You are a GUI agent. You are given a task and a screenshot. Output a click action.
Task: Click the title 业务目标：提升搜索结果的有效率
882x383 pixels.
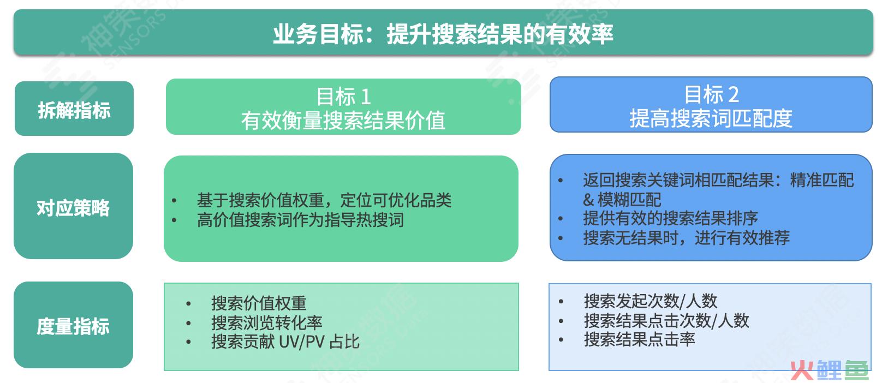click(x=443, y=34)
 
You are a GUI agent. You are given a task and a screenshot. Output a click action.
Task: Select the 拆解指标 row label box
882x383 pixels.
click(x=74, y=109)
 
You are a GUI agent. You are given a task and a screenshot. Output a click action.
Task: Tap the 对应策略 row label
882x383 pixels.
click(x=73, y=208)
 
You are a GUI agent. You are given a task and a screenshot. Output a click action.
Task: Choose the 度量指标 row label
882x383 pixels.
click(x=73, y=326)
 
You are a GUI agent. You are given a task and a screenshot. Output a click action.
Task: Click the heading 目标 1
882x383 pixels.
click(x=343, y=97)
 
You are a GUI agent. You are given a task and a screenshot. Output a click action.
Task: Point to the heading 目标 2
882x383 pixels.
click(x=711, y=94)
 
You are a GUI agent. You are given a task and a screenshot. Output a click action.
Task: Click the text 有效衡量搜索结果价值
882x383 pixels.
click(x=343, y=120)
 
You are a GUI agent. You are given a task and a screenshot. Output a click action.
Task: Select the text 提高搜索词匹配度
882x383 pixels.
click(x=711, y=118)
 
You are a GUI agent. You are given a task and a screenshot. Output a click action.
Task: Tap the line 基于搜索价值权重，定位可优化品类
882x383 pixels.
click(x=324, y=200)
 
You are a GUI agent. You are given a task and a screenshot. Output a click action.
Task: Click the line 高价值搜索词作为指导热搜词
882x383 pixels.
click(x=300, y=220)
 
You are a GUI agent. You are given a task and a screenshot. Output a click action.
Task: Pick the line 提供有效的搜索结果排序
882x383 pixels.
click(x=671, y=218)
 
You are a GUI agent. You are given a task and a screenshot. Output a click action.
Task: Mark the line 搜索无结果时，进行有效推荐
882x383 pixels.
click(x=686, y=237)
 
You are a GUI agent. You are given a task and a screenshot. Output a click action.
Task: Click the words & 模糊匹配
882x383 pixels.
click(x=622, y=200)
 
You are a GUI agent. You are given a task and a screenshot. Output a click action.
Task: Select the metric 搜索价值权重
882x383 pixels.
click(x=259, y=303)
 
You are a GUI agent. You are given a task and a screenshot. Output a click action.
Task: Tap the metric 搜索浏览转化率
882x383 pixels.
click(x=266, y=322)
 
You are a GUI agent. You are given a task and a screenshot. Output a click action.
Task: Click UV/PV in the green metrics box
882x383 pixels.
click(x=302, y=342)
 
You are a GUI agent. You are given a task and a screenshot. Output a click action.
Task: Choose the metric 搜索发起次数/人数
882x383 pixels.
click(x=651, y=301)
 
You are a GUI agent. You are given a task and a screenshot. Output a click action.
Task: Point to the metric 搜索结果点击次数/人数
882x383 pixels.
click(x=666, y=320)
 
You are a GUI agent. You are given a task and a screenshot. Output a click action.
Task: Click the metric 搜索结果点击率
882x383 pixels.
click(x=640, y=339)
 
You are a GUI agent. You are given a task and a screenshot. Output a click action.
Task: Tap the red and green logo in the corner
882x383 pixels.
click(x=829, y=370)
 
